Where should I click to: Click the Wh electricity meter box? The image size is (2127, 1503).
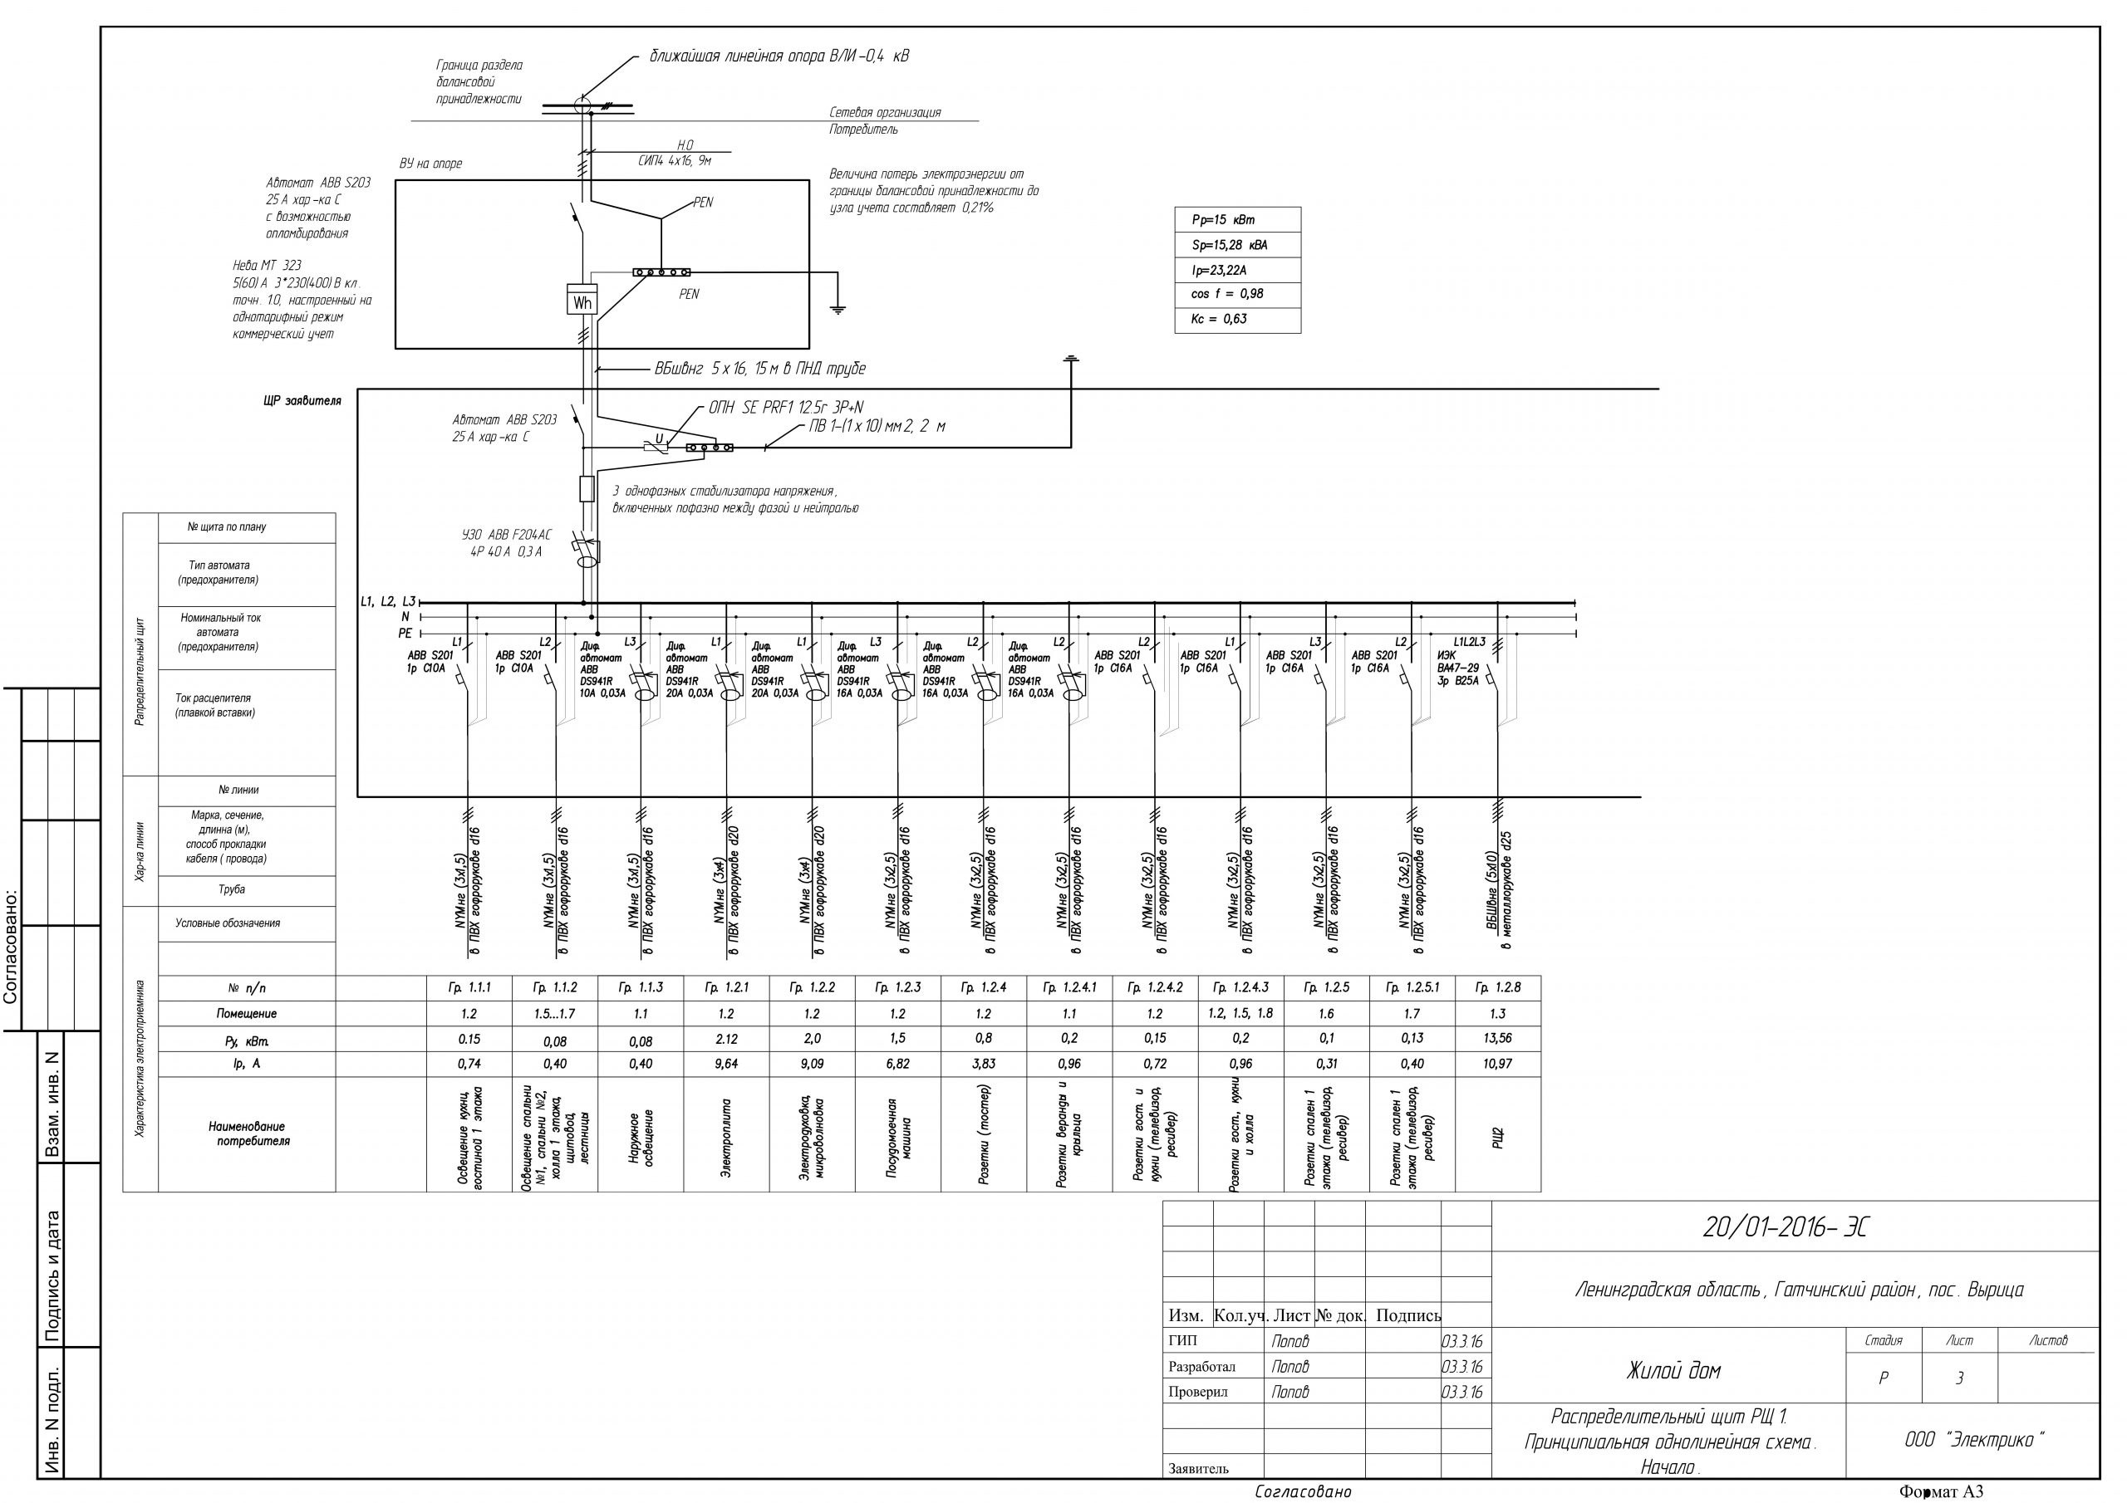[582, 303]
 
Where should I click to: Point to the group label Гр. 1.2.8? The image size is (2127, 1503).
[1497, 988]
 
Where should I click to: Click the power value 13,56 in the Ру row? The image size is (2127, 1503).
[1497, 1038]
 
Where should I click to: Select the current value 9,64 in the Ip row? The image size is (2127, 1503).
[726, 1064]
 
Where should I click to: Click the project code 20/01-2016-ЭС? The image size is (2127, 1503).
[1786, 1228]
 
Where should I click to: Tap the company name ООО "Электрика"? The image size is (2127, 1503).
[1973, 1440]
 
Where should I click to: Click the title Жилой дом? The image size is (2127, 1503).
[1673, 1372]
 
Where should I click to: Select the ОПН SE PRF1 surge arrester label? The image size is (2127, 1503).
[786, 408]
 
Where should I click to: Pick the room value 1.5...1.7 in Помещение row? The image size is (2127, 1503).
[555, 1014]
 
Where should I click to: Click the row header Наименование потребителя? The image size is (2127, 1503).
[248, 1133]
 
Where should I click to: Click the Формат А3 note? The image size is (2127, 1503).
[1941, 1492]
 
